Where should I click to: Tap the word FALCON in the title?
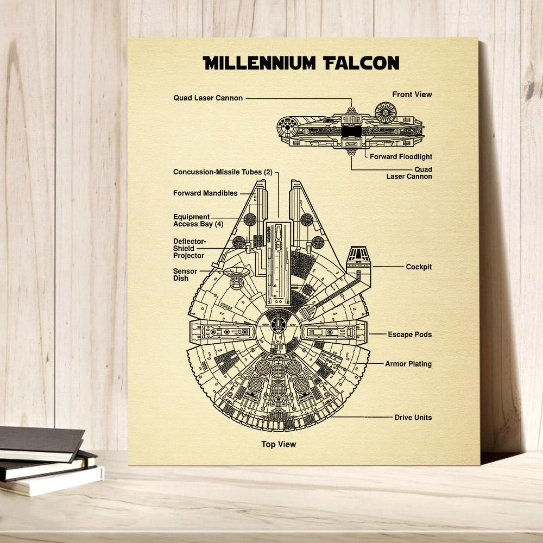coord(362,63)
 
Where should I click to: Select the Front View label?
coord(412,94)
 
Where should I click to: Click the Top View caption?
coord(279,444)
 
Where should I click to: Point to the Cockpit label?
coord(419,267)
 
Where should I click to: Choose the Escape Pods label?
coord(409,334)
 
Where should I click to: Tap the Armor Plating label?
coord(408,364)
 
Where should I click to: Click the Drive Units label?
coord(413,417)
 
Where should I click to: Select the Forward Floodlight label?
coord(401,156)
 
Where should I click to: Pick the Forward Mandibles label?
coord(205,193)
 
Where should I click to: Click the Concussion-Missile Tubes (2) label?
coord(223,172)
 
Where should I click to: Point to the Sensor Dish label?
coord(185,275)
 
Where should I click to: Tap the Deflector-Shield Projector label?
coord(189,248)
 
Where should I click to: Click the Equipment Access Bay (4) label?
coord(198,220)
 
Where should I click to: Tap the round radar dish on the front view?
coord(386,112)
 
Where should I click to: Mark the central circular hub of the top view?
coord(279,331)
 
